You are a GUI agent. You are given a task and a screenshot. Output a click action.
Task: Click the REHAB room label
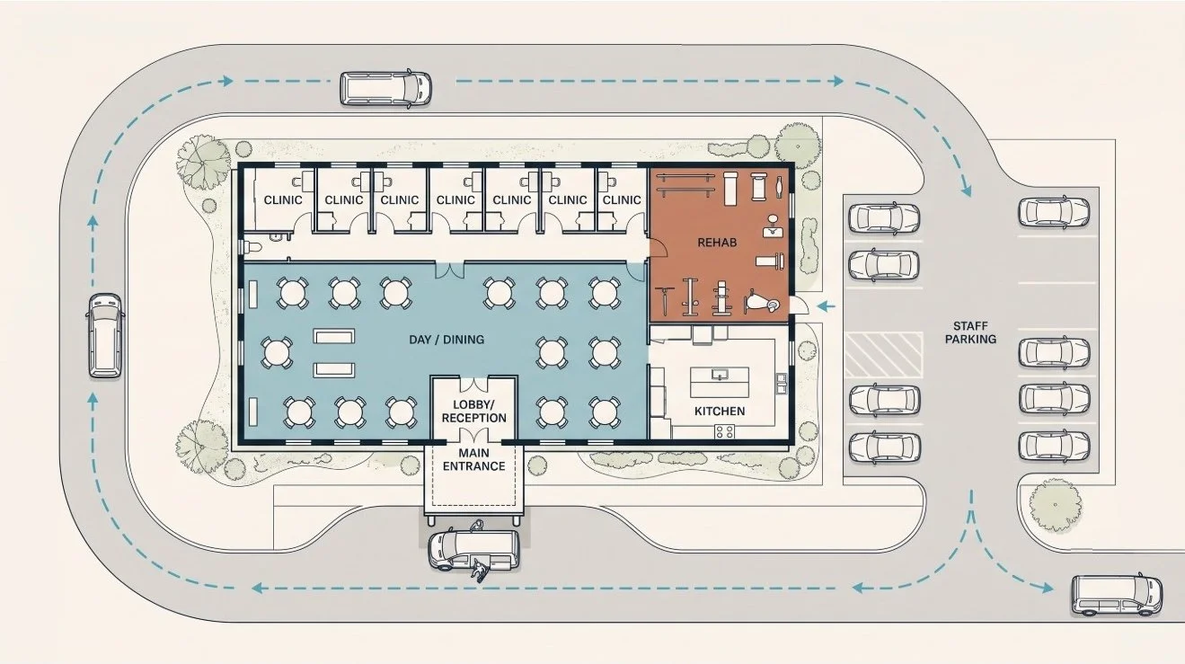[x=717, y=243]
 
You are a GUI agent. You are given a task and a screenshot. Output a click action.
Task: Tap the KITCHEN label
[x=720, y=412]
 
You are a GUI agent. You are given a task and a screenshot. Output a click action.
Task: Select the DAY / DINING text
[x=447, y=340]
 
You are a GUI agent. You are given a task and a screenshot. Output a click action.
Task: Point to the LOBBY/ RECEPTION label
[x=474, y=412]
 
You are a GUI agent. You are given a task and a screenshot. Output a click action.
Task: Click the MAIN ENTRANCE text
[x=474, y=459]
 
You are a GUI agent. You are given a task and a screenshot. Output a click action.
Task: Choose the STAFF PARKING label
[x=971, y=332]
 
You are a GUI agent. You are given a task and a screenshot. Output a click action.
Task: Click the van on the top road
[x=385, y=88]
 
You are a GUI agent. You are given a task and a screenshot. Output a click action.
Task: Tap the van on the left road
[x=105, y=335]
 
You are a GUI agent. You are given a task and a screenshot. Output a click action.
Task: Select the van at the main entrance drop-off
[x=473, y=549]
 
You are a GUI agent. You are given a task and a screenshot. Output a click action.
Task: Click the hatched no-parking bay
[x=883, y=355]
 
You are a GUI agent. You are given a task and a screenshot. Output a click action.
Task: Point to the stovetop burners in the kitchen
[x=725, y=431]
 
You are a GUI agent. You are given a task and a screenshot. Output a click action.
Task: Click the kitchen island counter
[x=720, y=382]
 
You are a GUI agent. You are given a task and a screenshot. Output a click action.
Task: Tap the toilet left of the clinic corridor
[x=252, y=246]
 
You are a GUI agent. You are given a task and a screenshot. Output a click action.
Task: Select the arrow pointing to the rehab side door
[x=826, y=305]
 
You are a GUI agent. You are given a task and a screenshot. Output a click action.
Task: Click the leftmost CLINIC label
[x=283, y=200]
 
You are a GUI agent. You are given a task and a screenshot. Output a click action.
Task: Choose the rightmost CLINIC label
[x=622, y=200]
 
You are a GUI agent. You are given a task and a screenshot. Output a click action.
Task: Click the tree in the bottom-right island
[x=1055, y=505]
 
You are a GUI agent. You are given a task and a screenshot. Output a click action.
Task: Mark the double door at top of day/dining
[x=450, y=270]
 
